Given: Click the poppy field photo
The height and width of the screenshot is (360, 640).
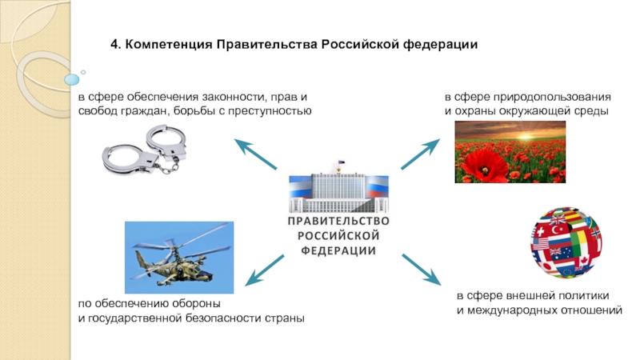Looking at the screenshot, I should point(510,152).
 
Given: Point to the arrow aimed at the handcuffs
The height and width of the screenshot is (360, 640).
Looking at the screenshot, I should point(255,154).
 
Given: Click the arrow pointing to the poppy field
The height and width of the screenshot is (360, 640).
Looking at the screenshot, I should point(420,154).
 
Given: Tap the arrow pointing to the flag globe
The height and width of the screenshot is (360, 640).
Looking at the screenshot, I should point(421,270).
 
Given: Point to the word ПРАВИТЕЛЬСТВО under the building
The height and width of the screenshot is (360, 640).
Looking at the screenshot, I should point(338,220).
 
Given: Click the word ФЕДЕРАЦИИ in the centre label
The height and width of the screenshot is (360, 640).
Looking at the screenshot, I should point(338,250).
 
